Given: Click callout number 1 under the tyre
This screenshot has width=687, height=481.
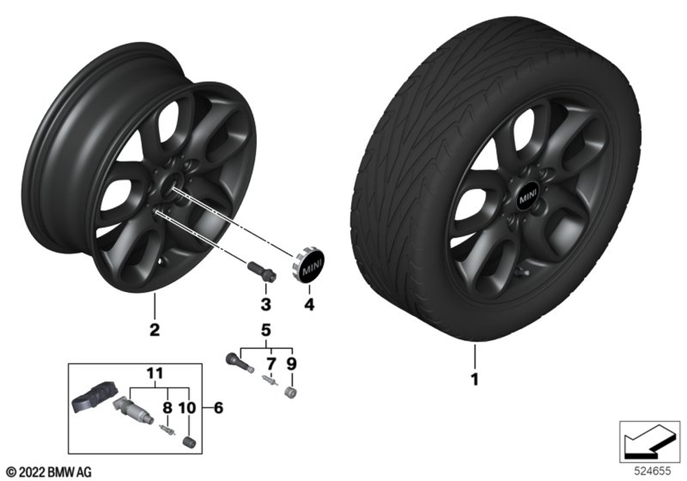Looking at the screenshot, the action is [475, 379].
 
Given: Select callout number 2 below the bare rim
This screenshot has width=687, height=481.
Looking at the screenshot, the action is [155, 329].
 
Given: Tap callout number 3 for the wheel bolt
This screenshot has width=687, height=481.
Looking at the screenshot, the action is [265, 304].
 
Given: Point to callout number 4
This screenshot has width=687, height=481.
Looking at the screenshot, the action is [309, 304].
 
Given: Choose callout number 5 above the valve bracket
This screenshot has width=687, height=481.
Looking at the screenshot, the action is [266, 330].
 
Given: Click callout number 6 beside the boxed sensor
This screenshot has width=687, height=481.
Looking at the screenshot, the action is [218, 408].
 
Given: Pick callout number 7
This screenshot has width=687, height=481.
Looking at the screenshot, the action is [271, 363].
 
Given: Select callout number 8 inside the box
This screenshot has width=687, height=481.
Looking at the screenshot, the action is [168, 408].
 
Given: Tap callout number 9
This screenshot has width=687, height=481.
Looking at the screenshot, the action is [291, 363].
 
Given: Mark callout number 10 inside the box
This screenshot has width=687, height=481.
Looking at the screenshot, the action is [188, 408].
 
